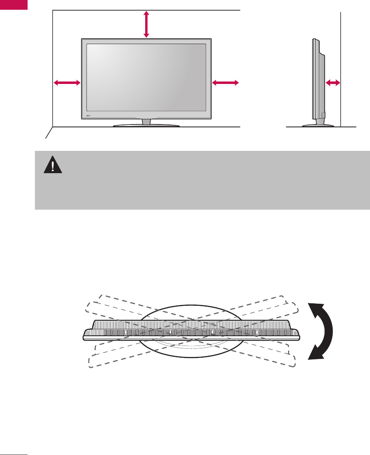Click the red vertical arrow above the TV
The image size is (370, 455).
click(146, 24)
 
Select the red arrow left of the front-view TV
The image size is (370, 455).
click(67, 83)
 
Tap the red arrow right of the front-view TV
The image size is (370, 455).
click(225, 83)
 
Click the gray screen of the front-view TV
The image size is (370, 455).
click(146, 77)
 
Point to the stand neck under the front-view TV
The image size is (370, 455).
click(146, 122)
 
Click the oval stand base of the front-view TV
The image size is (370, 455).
click(146, 126)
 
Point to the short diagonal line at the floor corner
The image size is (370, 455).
click(49, 133)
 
